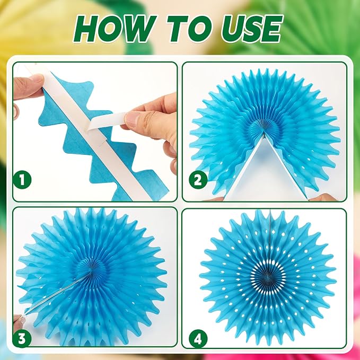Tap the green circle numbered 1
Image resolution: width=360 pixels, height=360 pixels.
[x=22, y=180]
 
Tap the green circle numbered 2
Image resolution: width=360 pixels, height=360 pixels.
[x=198, y=180]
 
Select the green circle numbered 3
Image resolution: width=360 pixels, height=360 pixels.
[x=22, y=338]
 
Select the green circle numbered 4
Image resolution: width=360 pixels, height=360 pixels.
[x=198, y=338]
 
